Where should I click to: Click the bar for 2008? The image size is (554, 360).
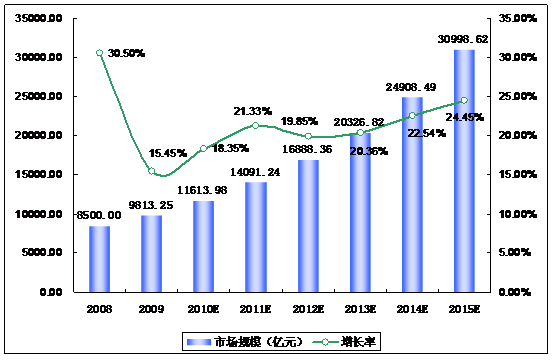(99, 259)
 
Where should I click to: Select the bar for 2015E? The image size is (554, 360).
(464, 171)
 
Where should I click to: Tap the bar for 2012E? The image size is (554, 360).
(308, 226)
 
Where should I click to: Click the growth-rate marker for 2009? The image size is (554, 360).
(152, 171)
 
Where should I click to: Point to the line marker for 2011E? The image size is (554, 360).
(256, 125)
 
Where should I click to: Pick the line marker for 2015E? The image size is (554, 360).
(464, 100)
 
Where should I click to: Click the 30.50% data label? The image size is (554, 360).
(126, 53)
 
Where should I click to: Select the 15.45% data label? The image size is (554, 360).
(167, 153)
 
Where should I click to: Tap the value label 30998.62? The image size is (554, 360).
(463, 39)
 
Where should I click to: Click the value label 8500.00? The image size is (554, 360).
(99, 215)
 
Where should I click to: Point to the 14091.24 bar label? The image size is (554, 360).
(255, 172)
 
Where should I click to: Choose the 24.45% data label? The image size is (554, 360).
(465, 117)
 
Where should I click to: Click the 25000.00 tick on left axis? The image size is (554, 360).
(39, 96)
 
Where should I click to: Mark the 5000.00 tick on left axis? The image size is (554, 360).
(42, 252)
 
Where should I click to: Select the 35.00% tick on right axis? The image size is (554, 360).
(518, 18)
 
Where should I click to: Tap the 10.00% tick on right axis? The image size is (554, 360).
(518, 214)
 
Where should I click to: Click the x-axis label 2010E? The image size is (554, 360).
(204, 309)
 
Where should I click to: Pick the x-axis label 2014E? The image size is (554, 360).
(412, 309)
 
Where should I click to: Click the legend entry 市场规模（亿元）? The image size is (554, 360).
(245, 342)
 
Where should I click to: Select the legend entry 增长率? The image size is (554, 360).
(344, 342)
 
